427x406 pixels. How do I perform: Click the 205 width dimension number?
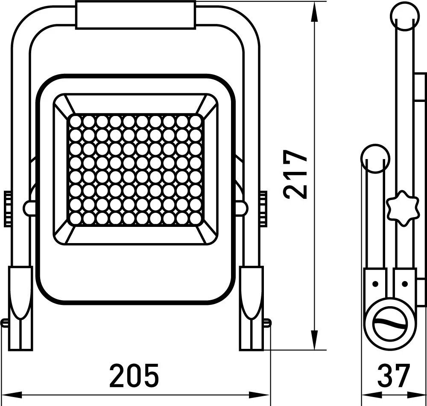(x=134, y=376)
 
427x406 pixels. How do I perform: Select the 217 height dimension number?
(x=295, y=174)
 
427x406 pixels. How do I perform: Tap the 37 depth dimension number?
(x=394, y=376)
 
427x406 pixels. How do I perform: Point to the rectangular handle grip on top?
(x=136, y=14)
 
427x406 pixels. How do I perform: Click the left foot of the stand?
(x=20, y=308)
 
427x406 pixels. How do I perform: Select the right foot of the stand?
(x=252, y=308)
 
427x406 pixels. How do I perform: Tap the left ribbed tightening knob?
(x=8, y=209)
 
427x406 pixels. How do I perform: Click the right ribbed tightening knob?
(x=263, y=209)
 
